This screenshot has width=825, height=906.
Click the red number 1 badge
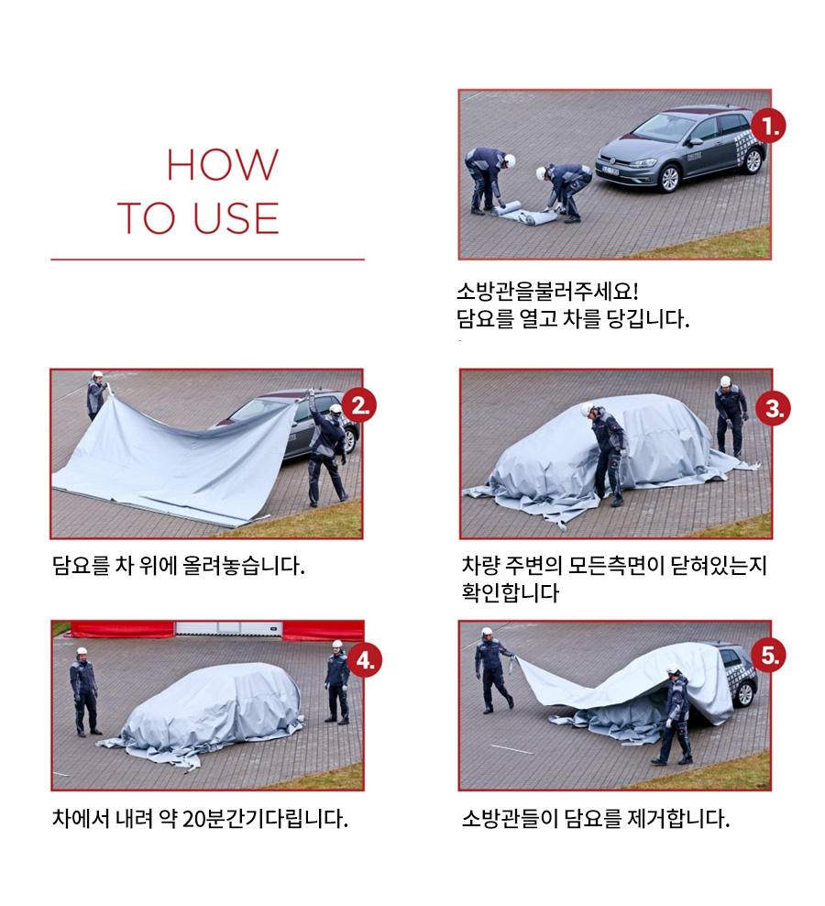point(768,126)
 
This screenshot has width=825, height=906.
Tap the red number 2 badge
point(358,405)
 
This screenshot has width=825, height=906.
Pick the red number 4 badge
point(364,659)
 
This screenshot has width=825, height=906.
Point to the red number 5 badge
point(768,656)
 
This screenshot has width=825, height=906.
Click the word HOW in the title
point(223,165)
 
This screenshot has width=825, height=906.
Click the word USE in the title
point(236,218)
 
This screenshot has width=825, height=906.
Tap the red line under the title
point(207,260)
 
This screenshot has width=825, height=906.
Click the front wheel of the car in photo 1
point(669,178)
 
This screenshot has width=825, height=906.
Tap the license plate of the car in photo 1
point(610,171)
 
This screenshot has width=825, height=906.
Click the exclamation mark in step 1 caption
point(635,291)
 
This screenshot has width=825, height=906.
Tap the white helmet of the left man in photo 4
point(82,651)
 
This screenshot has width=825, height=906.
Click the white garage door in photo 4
point(229,629)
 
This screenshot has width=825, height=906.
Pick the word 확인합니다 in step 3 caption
point(511,592)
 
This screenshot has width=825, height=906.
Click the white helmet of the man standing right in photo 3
point(725,381)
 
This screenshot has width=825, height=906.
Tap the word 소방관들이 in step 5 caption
point(510,819)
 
